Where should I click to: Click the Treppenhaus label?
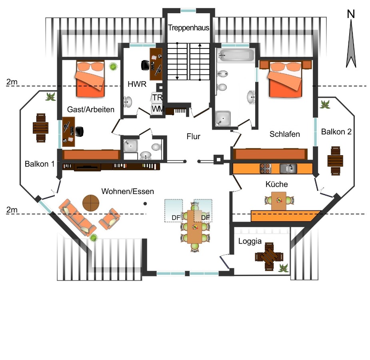pos(188,28)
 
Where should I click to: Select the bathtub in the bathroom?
pos(236,55)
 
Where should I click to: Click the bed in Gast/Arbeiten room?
pos(90,79)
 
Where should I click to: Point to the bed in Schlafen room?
pos(286,79)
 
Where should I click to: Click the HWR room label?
pos(137,84)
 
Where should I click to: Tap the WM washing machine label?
pos(158,109)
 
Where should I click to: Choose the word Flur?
pos(193,136)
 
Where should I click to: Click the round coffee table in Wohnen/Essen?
pos(91,203)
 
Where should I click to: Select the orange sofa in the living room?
pos(77,218)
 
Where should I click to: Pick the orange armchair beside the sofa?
pos(110,219)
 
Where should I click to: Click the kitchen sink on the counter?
pos(288,168)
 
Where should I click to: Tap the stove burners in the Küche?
pos(266,168)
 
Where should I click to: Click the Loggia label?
pos(250,241)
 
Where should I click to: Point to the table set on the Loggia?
pos(269,256)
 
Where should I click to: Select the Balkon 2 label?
pos(336,132)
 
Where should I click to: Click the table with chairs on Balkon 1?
pos(40,128)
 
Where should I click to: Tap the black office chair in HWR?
pos(145,65)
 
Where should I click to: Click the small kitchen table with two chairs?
pos(279,201)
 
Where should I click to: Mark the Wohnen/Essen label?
pos(128,191)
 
